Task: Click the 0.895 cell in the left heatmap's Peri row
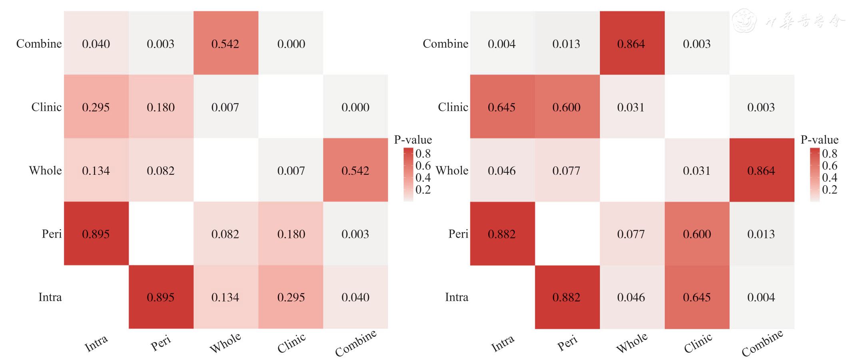pos(96,234)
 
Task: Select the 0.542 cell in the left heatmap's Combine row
pos(225,43)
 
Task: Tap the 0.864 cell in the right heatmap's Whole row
pos(761,170)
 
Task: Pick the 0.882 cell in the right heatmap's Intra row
pos(567,297)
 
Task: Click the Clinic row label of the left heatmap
pos(46,107)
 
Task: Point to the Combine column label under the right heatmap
pos(762,343)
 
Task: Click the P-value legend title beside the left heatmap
pos(413,140)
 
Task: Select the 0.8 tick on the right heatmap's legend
pos(830,154)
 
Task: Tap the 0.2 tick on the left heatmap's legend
pos(423,190)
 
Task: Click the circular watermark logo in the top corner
pos(744,20)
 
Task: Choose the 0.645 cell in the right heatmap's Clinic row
pos(502,107)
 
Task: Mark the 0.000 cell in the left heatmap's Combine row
pos(291,43)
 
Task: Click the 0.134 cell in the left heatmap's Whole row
pos(96,170)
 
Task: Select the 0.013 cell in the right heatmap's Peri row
pos(761,234)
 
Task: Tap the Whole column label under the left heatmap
pos(225,343)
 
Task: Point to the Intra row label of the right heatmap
pos(457,297)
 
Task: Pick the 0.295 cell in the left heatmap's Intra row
pos(291,297)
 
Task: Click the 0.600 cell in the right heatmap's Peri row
pos(697,234)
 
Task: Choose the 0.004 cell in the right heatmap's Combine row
pos(502,43)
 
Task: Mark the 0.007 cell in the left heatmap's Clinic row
pos(225,107)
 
